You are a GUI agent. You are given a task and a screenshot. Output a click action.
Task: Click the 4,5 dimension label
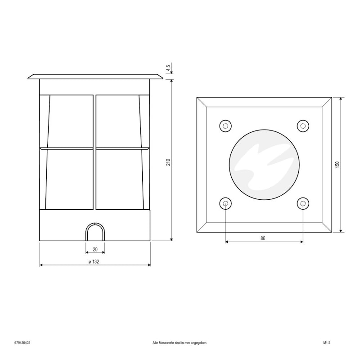(x=168, y=68)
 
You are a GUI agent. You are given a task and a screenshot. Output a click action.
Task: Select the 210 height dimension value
(x=168, y=162)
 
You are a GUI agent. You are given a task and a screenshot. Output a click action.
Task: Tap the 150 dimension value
(x=337, y=164)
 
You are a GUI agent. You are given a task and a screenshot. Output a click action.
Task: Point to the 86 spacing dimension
(x=263, y=238)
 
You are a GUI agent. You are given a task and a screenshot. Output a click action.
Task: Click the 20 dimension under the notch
(x=95, y=249)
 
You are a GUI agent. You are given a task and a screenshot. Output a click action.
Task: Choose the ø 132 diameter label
(x=94, y=262)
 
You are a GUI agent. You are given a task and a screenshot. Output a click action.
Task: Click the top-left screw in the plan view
(x=225, y=126)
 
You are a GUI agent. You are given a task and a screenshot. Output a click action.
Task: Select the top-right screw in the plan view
(x=303, y=126)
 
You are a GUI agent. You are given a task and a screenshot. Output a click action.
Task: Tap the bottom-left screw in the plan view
(x=225, y=204)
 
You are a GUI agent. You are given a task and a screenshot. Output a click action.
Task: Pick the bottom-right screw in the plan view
(x=303, y=204)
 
